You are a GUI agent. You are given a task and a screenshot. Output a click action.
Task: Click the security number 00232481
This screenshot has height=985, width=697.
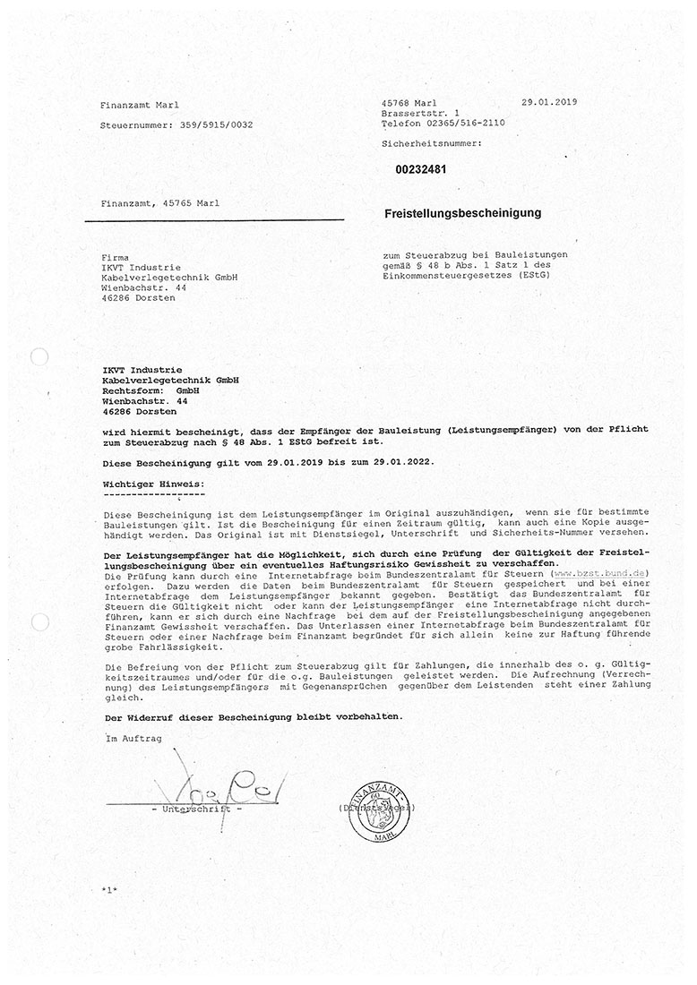click(x=421, y=168)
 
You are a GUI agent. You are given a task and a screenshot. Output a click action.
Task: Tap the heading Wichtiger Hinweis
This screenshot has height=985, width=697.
click(x=153, y=484)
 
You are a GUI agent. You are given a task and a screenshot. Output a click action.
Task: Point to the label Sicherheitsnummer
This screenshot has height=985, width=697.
click(x=431, y=143)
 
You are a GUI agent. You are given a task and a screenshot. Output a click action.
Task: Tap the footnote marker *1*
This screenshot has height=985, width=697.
click(x=110, y=891)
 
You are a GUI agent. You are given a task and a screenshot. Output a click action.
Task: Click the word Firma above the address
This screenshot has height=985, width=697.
click(x=116, y=257)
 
